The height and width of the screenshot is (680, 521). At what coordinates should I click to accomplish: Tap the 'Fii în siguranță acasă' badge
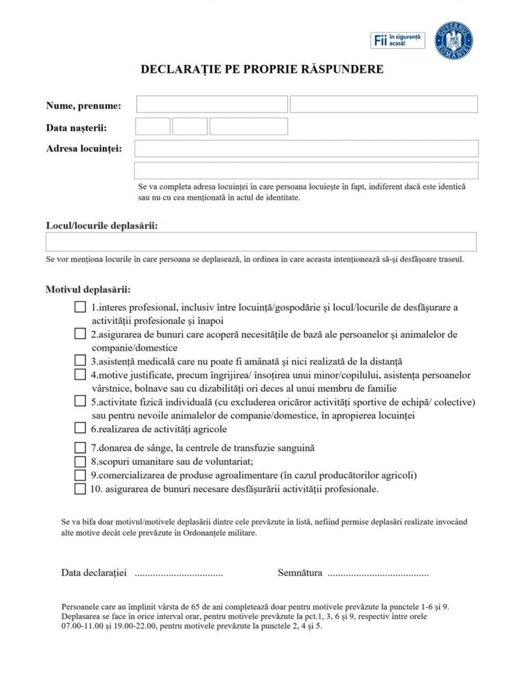tap(397, 40)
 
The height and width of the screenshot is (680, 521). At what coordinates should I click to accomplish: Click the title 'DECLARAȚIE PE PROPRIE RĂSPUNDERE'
tap(262, 69)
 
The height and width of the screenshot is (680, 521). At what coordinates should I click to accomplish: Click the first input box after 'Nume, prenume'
tap(212, 105)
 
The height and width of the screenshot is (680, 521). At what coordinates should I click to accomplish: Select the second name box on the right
tap(384, 105)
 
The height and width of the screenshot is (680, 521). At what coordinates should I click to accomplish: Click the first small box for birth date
tap(153, 126)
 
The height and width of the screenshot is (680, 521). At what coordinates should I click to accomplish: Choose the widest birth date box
tap(248, 126)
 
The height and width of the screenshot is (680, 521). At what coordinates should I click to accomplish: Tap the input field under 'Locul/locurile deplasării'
tap(260, 242)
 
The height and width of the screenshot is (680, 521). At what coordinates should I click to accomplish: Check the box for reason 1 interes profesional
tap(80, 307)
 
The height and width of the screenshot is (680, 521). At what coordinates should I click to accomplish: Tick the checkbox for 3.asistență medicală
tap(80, 360)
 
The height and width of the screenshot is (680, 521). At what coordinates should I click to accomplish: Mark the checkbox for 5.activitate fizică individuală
tap(80, 401)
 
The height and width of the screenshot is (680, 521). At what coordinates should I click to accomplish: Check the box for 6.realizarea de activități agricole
tap(80, 428)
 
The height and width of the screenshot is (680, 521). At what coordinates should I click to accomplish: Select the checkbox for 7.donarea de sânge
tap(80, 448)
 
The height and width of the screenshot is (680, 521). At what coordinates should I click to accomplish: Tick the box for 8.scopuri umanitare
tap(80, 461)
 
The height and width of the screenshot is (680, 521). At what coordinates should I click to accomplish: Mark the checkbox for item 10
tap(80, 489)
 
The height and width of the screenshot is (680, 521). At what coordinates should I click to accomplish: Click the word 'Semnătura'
tap(300, 573)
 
